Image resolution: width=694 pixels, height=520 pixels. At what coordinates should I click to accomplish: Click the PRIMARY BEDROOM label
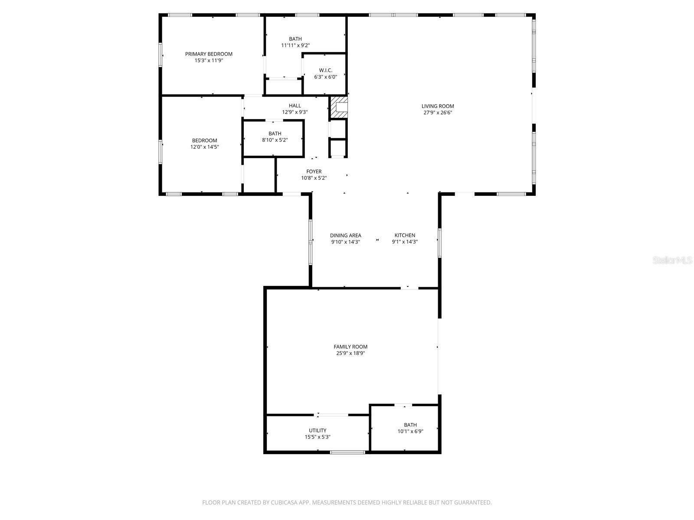pyautogui.click(x=209, y=54)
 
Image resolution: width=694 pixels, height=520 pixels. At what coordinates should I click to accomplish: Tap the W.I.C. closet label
pyautogui.click(x=325, y=70)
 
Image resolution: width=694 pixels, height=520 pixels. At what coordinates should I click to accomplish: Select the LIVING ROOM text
pyautogui.click(x=438, y=106)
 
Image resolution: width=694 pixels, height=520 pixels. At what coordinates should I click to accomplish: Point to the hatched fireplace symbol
pyautogui.click(x=339, y=107)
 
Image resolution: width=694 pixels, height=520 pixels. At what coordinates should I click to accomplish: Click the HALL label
pyautogui.click(x=295, y=106)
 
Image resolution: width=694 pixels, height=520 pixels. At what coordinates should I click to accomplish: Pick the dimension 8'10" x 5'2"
pyautogui.click(x=275, y=140)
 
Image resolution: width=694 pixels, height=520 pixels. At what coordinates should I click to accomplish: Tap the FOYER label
pyautogui.click(x=314, y=172)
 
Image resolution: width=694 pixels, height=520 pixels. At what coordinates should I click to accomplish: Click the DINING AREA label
pyautogui.click(x=345, y=236)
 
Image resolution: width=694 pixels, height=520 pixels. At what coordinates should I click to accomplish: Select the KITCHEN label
pyautogui.click(x=405, y=236)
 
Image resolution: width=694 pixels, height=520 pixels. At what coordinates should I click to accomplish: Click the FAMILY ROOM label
pyautogui.click(x=350, y=347)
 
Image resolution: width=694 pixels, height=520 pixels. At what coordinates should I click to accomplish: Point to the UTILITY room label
pyautogui.click(x=318, y=431)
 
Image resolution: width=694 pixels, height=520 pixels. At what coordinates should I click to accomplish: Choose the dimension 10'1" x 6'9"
pyautogui.click(x=410, y=432)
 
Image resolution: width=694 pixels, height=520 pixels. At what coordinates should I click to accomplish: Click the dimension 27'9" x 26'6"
pyautogui.click(x=438, y=113)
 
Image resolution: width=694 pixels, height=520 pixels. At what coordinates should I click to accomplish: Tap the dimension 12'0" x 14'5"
pyautogui.click(x=205, y=147)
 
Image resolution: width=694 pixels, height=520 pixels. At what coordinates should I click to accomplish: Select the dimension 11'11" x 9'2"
pyautogui.click(x=295, y=45)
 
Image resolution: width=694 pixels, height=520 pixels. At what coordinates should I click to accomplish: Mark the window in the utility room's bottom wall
pyautogui.click(x=347, y=452)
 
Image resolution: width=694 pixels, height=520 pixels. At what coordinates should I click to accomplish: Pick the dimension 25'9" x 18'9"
pyautogui.click(x=350, y=353)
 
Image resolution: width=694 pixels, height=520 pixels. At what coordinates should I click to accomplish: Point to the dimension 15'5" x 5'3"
pyautogui.click(x=318, y=437)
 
